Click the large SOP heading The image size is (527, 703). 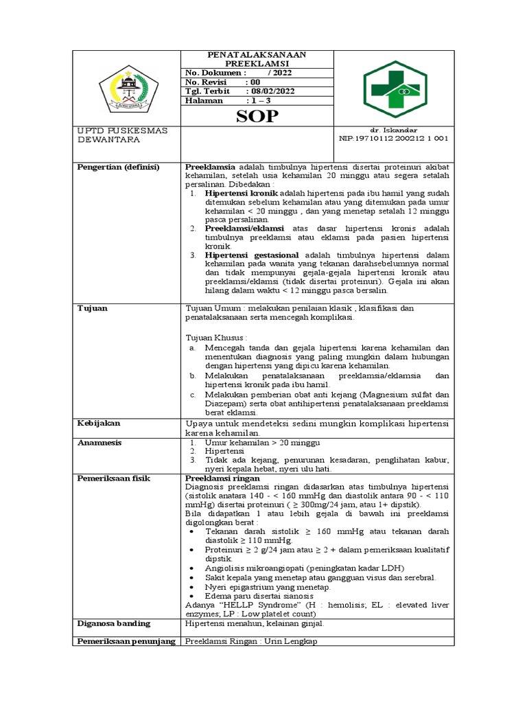pos(257,116)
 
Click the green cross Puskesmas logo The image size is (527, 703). pos(394,89)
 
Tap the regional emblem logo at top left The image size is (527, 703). pos(128,89)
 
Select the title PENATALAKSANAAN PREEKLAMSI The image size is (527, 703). pos(257,58)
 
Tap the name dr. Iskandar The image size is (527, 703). pos(393,130)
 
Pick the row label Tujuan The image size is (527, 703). pos(92,308)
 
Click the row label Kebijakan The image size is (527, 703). pos(98,424)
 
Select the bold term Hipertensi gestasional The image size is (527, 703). pos(252,255)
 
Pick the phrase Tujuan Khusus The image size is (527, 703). pos(216,338)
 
